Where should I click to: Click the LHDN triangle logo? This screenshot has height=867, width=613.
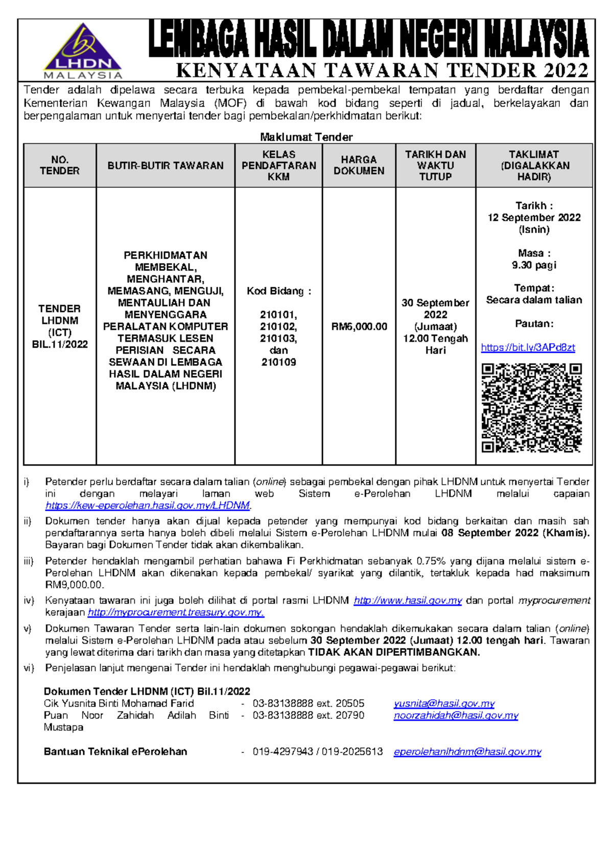[82, 49]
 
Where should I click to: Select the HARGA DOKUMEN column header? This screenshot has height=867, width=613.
[359, 165]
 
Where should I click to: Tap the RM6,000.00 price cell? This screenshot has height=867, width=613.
[359, 326]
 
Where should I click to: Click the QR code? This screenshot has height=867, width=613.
[532, 407]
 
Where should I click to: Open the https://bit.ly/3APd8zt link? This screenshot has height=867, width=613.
[528, 348]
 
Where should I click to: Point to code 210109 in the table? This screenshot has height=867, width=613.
[278, 362]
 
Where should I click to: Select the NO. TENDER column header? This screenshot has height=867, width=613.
[60, 165]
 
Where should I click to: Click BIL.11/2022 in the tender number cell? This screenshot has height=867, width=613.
[60, 344]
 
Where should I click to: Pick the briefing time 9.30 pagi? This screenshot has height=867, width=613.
[534, 265]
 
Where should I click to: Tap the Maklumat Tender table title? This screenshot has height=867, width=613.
[306, 137]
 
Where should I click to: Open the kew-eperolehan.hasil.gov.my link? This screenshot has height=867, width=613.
[148, 506]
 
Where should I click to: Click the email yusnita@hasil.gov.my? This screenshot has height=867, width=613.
[444, 703]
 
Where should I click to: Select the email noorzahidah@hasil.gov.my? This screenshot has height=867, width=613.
[456, 715]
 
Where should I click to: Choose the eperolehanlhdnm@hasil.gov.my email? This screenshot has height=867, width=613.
[467, 751]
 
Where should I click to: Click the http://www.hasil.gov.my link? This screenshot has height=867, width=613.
[408, 601]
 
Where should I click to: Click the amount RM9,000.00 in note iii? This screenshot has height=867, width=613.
[74, 585]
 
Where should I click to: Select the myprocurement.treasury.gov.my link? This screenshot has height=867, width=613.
[176, 612]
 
